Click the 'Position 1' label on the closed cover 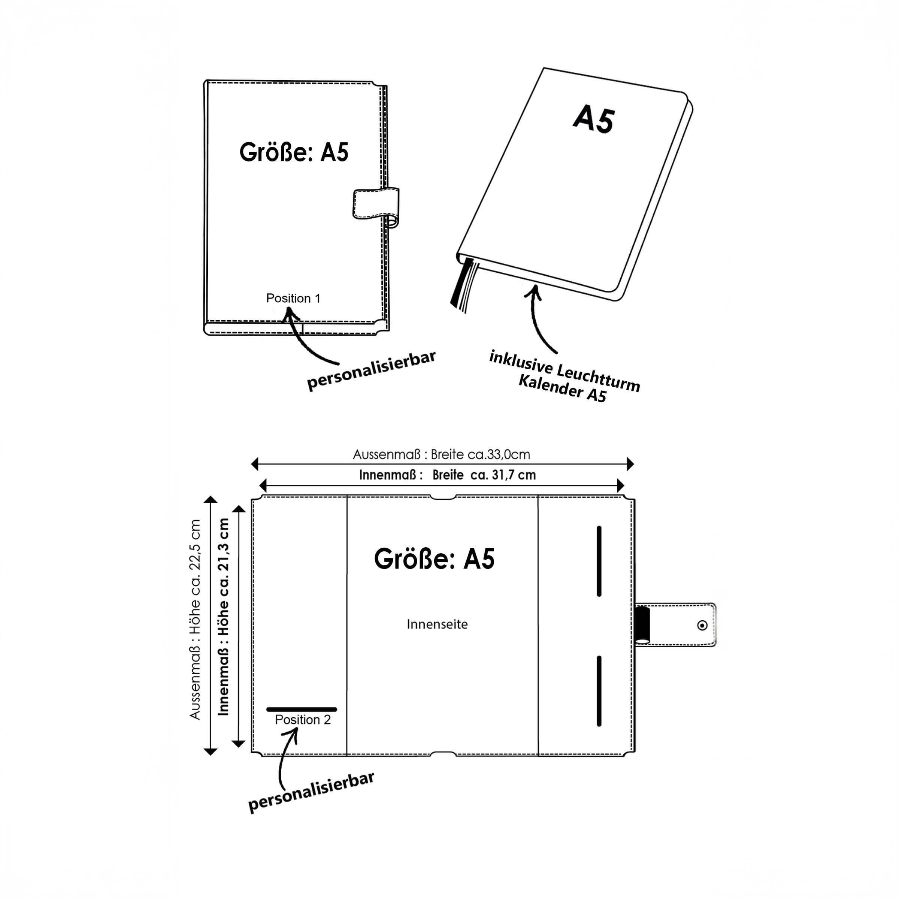[293, 298]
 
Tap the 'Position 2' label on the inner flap [302, 720]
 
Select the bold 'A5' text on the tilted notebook [594, 119]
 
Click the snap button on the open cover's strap [703, 626]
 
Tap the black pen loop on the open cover [643, 625]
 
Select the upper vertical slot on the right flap [599, 561]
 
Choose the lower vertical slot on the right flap [599, 691]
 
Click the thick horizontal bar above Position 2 [302, 709]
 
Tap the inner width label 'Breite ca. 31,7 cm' [484, 475]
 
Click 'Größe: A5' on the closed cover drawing [294, 152]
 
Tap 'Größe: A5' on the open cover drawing [434, 559]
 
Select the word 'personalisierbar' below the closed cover [371, 371]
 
